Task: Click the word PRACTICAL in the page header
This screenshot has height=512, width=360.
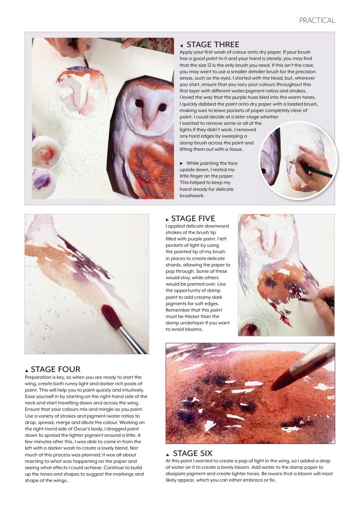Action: click(317, 20)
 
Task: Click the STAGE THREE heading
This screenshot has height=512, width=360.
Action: click(212, 45)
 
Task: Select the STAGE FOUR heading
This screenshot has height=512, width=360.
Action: click(55, 369)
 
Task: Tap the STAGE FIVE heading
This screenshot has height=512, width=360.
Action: click(193, 219)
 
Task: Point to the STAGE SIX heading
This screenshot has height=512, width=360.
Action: click(192, 453)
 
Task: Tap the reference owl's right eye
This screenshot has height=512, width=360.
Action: click(162, 107)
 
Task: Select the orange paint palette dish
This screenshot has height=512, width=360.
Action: click(45, 152)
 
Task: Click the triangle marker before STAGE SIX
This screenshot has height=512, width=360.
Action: click(168, 454)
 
